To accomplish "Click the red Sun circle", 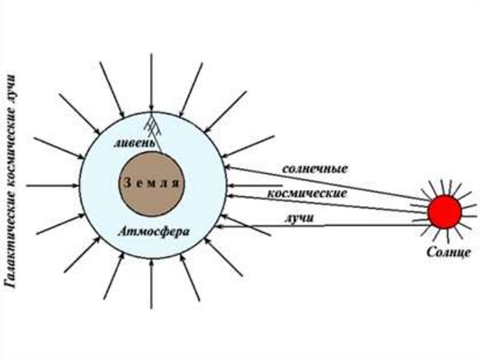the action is coord(444,212).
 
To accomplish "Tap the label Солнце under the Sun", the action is coord(448,252).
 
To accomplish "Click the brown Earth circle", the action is coord(151,184).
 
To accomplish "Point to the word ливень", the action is coord(133,143).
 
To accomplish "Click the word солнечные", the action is coord(315,169).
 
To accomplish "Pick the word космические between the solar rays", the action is coord(308,193).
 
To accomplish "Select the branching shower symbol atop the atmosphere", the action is coord(151,123).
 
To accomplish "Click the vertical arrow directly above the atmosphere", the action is coord(151,80).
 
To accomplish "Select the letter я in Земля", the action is coord(175,184).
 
